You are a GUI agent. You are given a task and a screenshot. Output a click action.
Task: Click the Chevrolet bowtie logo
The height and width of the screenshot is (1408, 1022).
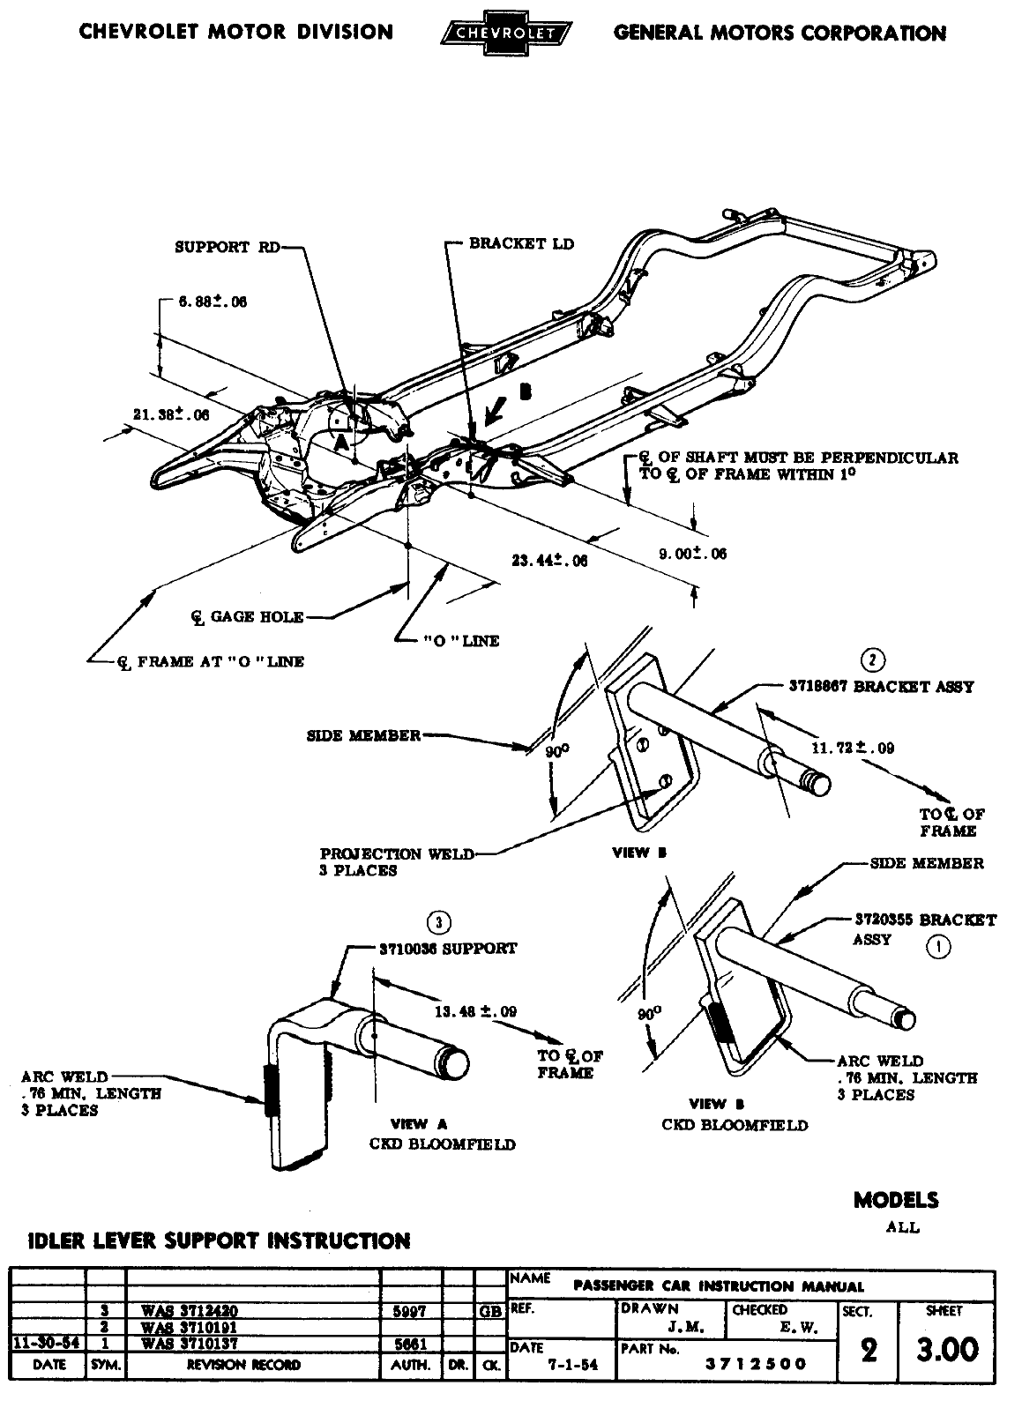coord(504,34)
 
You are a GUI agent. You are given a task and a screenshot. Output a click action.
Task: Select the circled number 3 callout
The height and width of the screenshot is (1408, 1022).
coord(438,923)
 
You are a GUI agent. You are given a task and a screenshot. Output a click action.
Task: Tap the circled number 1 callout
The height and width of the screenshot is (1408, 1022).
coord(938,947)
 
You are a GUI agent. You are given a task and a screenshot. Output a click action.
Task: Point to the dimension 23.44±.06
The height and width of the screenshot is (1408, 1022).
coord(549,560)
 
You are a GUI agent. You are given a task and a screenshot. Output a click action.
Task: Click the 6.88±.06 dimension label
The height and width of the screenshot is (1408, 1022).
coord(213,302)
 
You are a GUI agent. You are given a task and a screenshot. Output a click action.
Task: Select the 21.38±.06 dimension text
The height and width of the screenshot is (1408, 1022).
coord(171,414)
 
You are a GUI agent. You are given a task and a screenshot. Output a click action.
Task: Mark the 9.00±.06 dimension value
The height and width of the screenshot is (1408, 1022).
coord(693,554)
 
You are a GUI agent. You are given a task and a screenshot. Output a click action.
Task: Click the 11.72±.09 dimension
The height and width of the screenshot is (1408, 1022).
coord(853,748)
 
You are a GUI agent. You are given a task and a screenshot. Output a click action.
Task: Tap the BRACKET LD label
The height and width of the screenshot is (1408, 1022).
coord(521,243)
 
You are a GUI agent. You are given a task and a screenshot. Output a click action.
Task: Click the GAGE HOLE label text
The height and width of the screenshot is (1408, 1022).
coord(256,617)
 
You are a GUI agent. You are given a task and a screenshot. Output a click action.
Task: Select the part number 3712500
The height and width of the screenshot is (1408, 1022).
coord(756,1363)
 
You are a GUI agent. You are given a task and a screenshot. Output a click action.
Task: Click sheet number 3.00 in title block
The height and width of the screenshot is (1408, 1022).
coord(947,1349)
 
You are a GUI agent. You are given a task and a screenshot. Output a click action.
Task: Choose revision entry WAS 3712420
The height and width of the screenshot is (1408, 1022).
coord(190,1311)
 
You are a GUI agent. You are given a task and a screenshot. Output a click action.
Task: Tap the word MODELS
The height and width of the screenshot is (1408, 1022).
coord(896,1200)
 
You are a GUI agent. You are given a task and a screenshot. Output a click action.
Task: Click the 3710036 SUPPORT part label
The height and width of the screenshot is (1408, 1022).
coord(448,949)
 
